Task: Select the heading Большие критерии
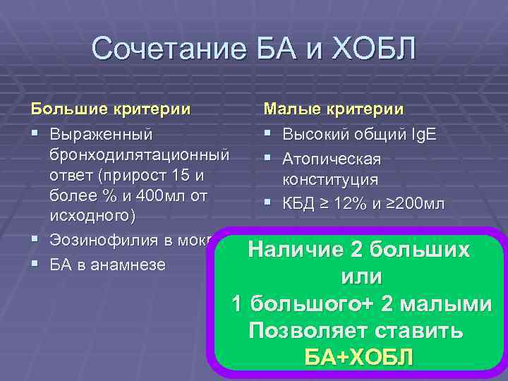(x=109, y=109)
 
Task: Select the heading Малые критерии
(x=333, y=109)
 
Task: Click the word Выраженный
(x=101, y=133)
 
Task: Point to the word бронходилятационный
(x=139, y=154)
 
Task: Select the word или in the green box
(x=361, y=277)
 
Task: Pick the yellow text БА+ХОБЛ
(x=358, y=357)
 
